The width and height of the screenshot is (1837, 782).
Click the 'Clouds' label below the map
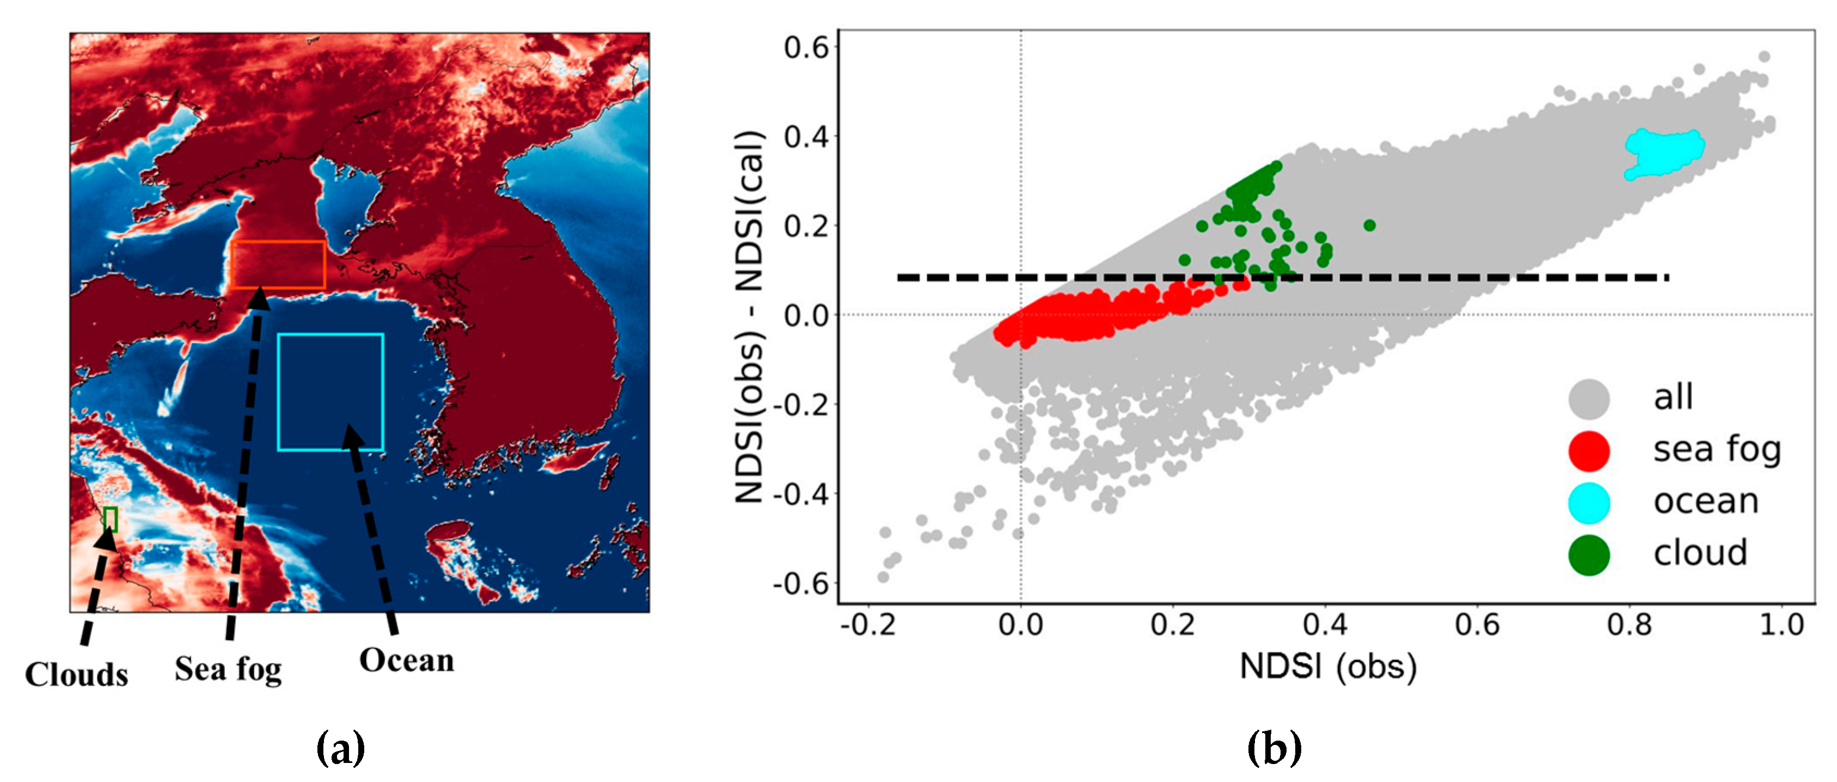76,674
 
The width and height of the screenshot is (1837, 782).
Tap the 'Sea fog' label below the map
228,669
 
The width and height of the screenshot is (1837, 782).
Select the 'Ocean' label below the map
407,660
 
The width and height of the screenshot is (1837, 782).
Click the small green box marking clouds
111,519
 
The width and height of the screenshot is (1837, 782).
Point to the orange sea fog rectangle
278,265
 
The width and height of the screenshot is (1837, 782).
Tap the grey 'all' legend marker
1589,398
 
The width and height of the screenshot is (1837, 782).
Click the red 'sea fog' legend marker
1589,451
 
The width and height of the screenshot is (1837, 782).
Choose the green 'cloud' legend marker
1589,555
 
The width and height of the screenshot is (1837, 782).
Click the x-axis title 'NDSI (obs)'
1328,667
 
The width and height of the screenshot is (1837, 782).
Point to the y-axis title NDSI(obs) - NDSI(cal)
750,317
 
